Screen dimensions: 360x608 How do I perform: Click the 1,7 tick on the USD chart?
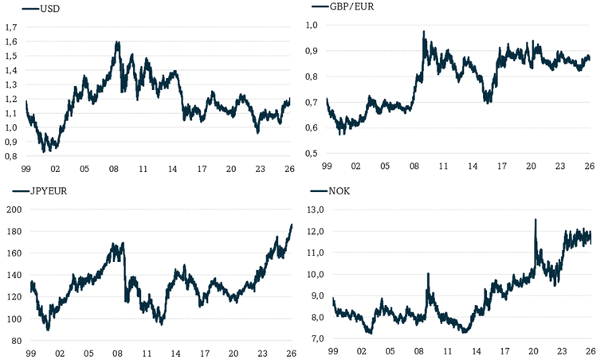coord(12,28)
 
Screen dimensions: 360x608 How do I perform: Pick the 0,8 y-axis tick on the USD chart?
coord(12,156)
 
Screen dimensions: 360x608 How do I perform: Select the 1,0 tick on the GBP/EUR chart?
coord(312,25)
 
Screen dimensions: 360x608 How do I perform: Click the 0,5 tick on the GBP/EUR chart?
coord(312,153)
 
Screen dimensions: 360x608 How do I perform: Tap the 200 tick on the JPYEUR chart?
coord(14,209)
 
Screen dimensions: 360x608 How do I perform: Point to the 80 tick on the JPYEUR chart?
coord(16,341)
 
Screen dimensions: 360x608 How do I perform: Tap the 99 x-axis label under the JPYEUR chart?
coord(30,354)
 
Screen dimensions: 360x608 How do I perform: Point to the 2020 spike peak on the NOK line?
coord(535,219)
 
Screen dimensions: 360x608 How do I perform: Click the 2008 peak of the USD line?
coord(118,41)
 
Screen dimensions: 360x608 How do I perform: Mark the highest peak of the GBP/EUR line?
coord(424,32)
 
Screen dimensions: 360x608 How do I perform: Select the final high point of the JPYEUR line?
coord(291,225)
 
